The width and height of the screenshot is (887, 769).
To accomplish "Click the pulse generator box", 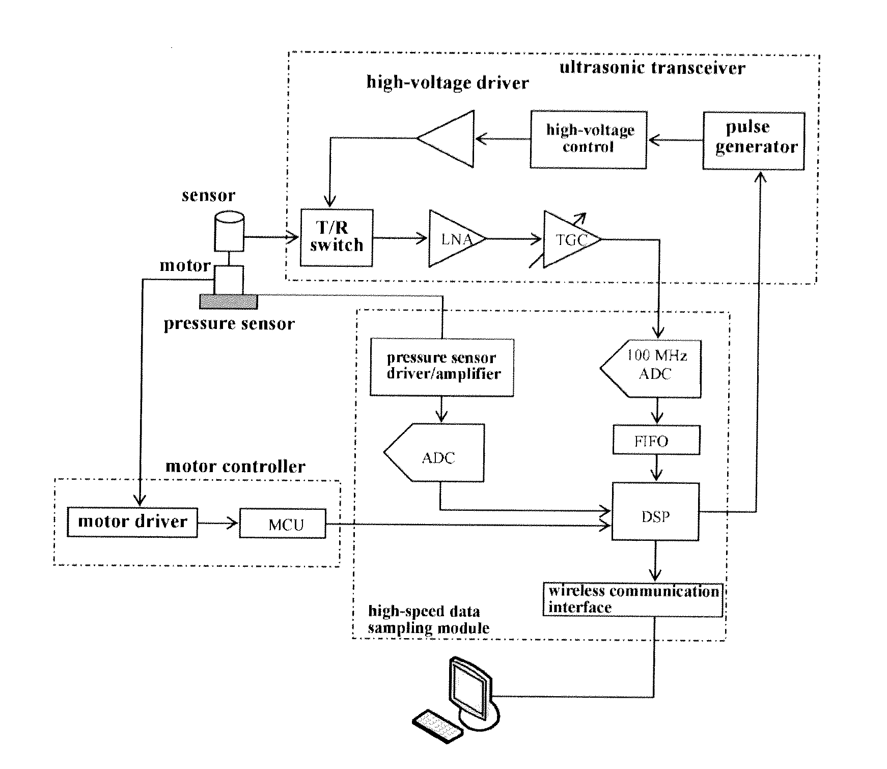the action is [x=754, y=141].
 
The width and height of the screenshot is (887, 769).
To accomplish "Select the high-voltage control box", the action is [x=589, y=139].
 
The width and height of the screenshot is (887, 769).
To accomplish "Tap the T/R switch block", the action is [x=337, y=237].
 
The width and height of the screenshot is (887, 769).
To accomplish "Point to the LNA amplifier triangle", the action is [x=456, y=238].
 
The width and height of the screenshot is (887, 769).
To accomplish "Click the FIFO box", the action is [x=656, y=440].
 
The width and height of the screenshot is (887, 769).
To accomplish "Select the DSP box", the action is [x=655, y=512].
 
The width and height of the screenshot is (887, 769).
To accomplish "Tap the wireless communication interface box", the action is [x=633, y=599].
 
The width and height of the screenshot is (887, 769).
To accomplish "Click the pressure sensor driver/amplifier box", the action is [x=442, y=367].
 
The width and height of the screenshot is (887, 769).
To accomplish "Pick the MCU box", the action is [x=283, y=523].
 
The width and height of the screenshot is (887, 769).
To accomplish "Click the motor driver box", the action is [x=132, y=522].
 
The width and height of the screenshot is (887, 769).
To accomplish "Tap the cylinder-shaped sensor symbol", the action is [x=229, y=231].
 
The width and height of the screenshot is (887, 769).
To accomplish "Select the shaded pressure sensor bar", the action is [x=228, y=301].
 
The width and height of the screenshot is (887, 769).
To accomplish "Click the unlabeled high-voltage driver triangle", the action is [x=446, y=139].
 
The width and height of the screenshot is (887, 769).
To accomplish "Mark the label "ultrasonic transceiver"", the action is [x=652, y=68].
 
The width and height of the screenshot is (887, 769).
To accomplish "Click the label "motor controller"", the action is [x=235, y=466].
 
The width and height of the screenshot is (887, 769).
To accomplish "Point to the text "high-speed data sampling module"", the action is [x=428, y=619].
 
